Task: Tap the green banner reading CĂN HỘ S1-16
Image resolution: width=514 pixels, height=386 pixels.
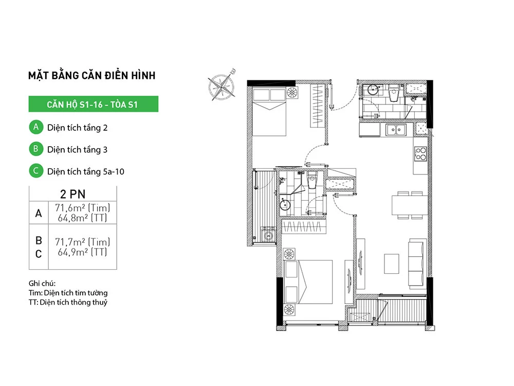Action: tap(94, 104)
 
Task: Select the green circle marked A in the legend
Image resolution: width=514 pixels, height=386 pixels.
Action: tap(36, 127)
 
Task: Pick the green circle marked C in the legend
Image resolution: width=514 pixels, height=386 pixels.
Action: tap(36, 171)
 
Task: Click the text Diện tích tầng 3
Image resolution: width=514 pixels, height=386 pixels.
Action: tap(78, 150)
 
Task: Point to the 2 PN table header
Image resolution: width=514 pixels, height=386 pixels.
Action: tap(73, 194)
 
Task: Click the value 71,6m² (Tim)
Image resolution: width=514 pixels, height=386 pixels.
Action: tap(82, 208)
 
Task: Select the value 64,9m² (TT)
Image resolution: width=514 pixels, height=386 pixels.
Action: tap(82, 252)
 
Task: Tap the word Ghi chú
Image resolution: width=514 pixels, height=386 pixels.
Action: tap(42, 283)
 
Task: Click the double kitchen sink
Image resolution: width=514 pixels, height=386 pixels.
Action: tap(396, 130)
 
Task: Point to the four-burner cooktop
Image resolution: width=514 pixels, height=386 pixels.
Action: tap(420, 153)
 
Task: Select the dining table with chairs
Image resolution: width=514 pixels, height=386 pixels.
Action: tap(410, 205)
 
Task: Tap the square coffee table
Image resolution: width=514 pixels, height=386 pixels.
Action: tap(391, 264)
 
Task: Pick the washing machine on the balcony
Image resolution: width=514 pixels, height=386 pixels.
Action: tap(268, 235)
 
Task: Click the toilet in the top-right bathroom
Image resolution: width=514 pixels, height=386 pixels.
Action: tap(393, 94)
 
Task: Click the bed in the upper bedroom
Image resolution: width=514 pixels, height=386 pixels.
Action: tap(269, 112)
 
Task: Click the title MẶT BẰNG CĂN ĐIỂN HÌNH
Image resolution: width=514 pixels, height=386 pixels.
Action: tap(92, 75)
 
